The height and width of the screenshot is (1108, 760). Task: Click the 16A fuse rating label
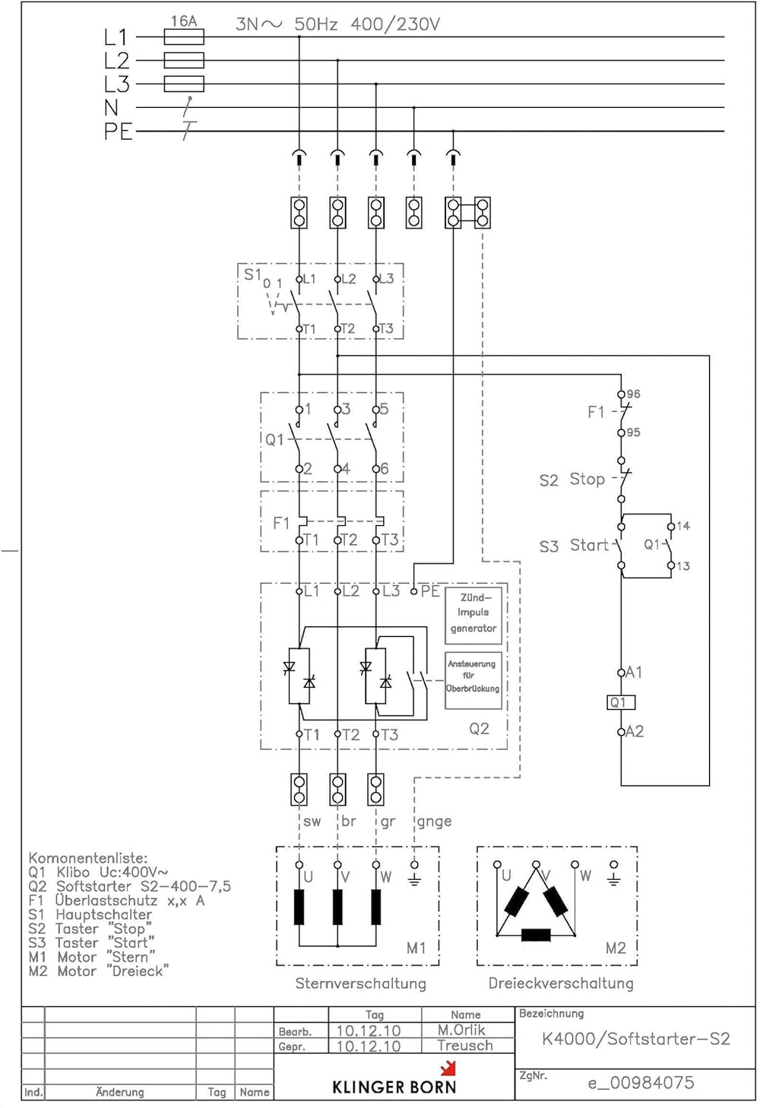[x=184, y=21]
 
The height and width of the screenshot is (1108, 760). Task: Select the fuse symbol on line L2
[x=184, y=60]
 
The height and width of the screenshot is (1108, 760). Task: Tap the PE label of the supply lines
[x=119, y=131]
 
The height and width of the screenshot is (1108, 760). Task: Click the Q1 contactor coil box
[x=621, y=702]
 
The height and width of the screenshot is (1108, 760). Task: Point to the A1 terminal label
[x=634, y=673]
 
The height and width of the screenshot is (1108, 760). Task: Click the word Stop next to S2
[x=587, y=479]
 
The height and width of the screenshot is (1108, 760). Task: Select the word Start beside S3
[x=589, y=545]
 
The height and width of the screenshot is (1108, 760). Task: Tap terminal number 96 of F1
[x=633, y=394]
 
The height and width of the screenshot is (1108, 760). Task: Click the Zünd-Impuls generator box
[x=473, y=616]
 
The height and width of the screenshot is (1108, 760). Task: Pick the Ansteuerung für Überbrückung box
[x=473, y=681]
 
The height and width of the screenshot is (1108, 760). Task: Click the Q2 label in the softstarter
[x=479, y=729]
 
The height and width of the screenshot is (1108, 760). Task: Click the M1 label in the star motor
[x=416, y=948]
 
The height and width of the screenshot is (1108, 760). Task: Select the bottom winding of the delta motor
[x=536, y=935]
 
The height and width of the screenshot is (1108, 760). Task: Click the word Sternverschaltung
[x=361, y=983]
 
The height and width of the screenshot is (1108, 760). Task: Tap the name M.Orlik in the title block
[x=461, y=1030]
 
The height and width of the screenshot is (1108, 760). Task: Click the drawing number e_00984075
[x=641, y=1083]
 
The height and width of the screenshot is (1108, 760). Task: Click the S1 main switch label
[x=252, y=274]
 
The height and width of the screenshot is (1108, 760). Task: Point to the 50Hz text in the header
[x=315, y=24]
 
